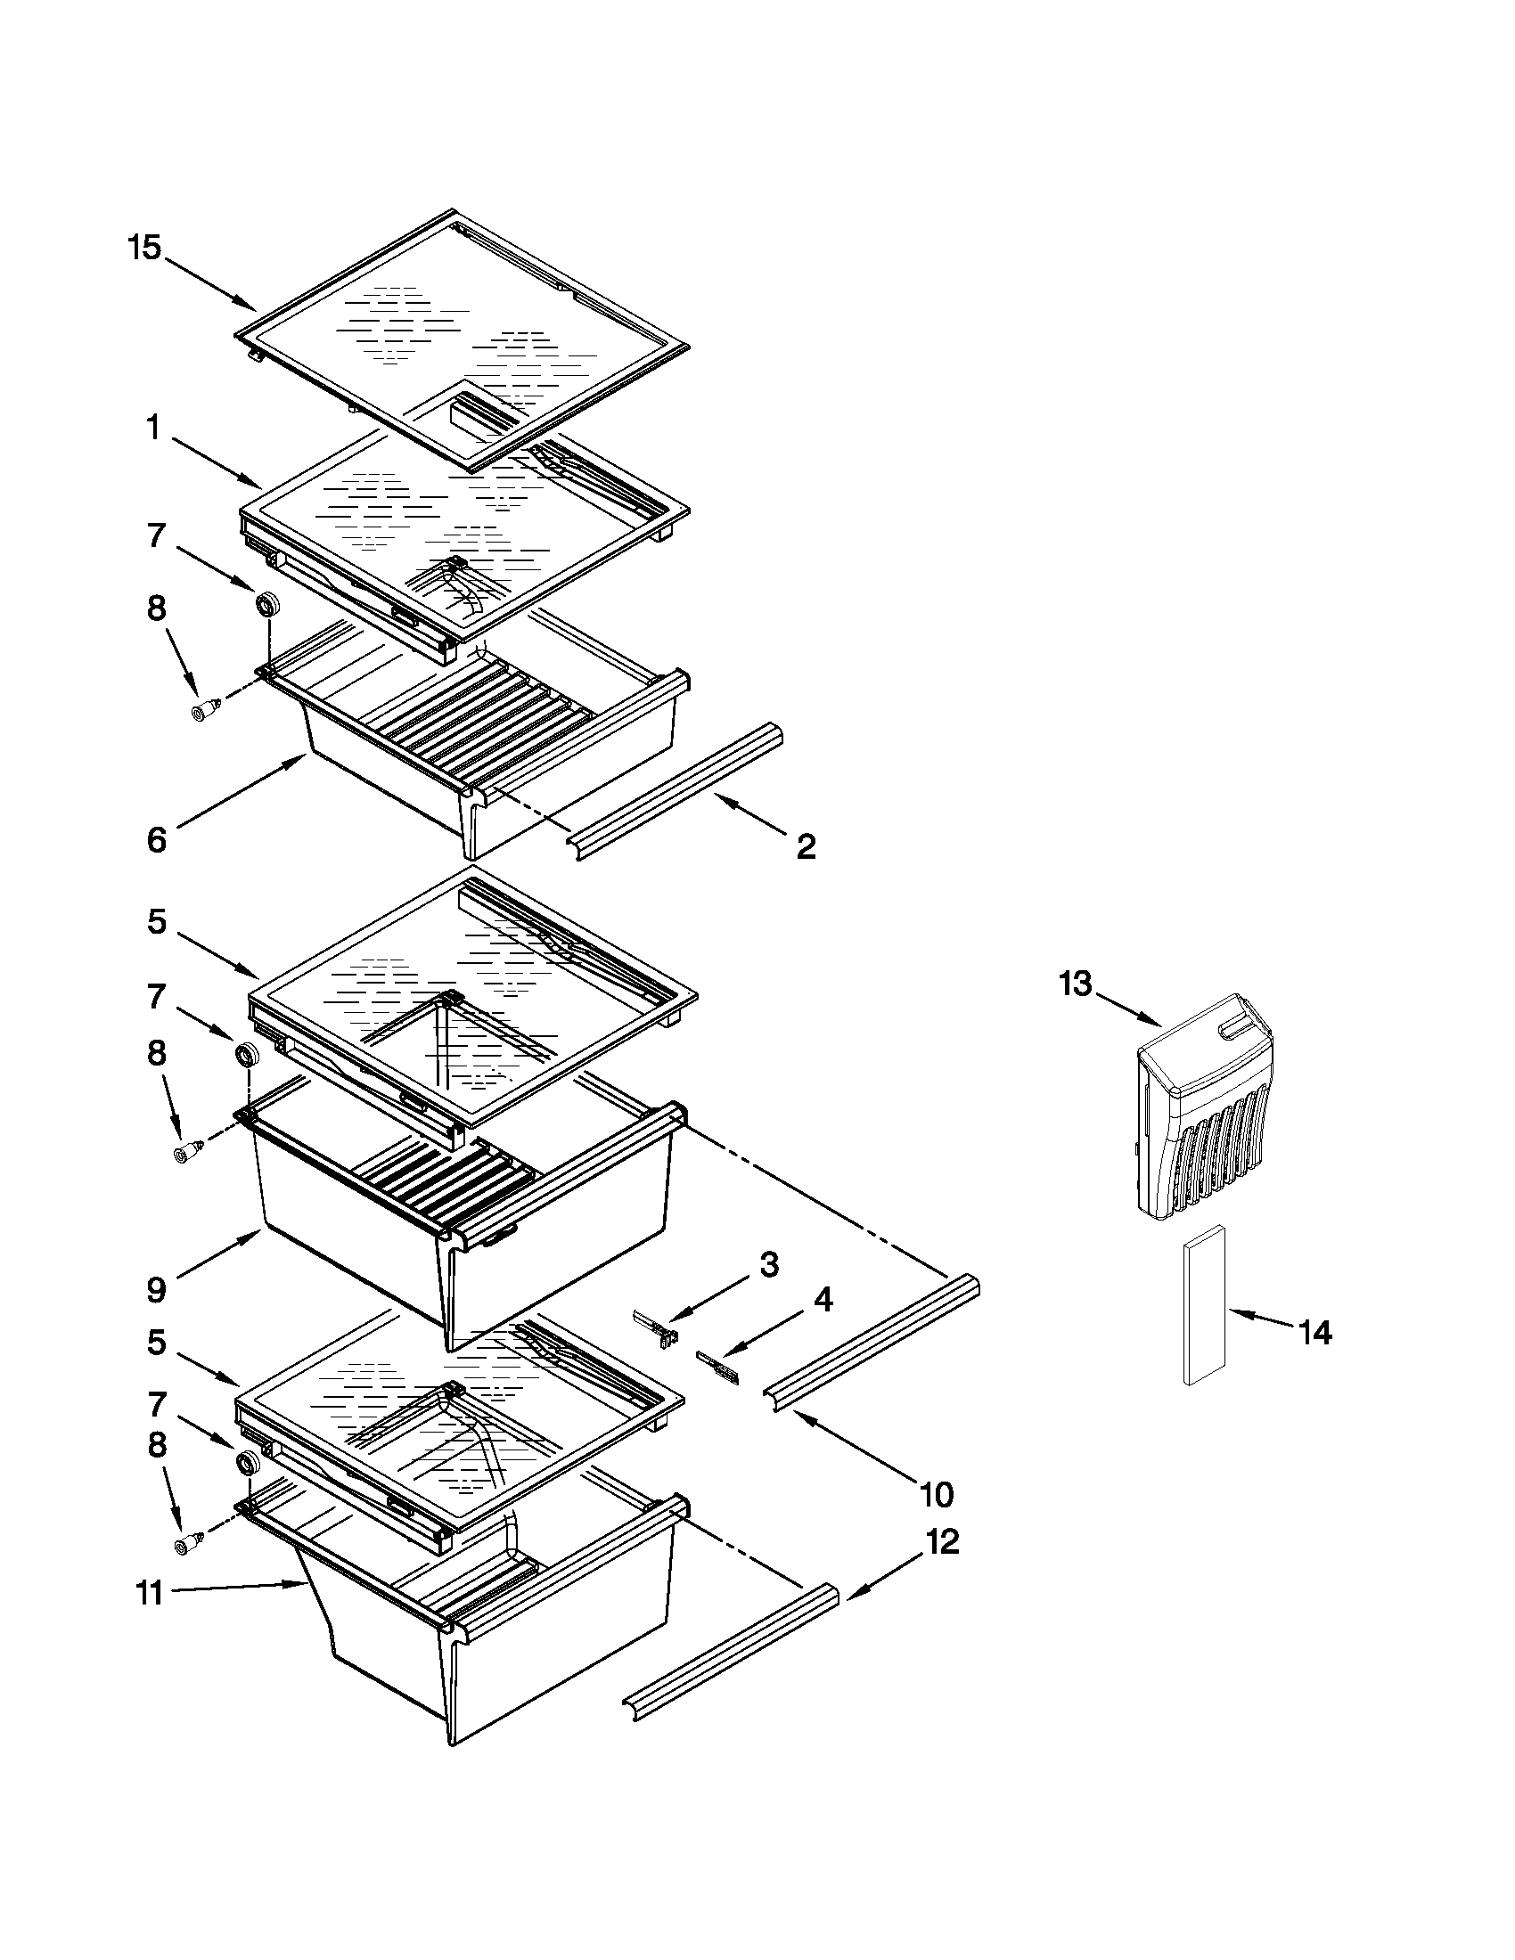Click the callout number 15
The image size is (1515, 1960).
click(143, 247)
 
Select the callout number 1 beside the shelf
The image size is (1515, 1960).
click(153, 429)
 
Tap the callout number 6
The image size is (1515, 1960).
click(156, 840)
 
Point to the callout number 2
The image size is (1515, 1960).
click(806, 845)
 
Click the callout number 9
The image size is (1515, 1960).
click(156, 1290)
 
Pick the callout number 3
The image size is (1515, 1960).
click(769, 1264)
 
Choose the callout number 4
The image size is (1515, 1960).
click(823, 1299)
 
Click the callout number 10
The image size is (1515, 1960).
click(936, 1494)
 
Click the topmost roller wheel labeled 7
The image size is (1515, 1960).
click(266, 604)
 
